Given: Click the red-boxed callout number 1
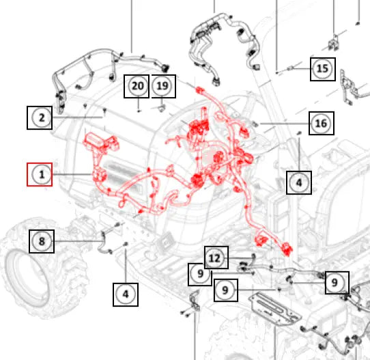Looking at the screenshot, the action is tap(40, 174).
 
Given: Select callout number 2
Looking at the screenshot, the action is tap(40, 117).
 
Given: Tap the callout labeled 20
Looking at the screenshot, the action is tap(137, 86).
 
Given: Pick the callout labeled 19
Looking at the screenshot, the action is tap(164, 86).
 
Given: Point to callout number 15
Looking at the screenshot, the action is tap(323, 69).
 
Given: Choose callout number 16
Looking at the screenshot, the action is tap(322, 123).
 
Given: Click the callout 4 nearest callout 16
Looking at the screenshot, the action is tap(299, 182).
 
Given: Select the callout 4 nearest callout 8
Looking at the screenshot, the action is tap(126, 294).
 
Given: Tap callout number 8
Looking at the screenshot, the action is tap(42, 241).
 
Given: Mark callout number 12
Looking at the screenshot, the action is tap(216, 258).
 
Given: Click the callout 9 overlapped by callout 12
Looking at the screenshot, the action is tap(200, 275).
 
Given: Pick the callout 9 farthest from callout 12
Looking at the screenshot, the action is tap(337, 283).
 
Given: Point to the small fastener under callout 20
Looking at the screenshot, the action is tap(139, 111).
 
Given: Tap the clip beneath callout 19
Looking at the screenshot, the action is tap(161, 109).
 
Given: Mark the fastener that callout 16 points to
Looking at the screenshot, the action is tap(255, 123).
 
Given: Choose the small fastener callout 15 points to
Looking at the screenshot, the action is tap(290, 68).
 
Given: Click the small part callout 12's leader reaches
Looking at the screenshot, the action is tap(253, 258).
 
